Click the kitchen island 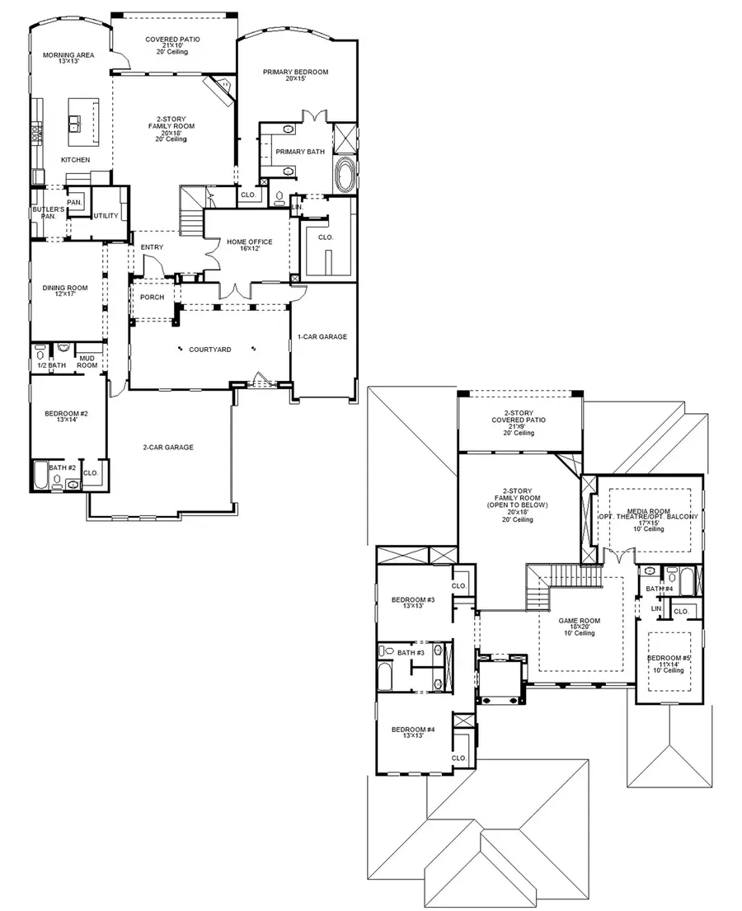click(x=83, y=115)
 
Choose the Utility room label click(x=106, y=216)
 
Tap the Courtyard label click(x=209, y=350)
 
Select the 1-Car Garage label click(x=322, y=336)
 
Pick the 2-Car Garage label click(x=167, y=448)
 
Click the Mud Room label click(x=87, y=361)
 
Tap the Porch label click(x=152, y=298)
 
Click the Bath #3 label click(x=410, y=653)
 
